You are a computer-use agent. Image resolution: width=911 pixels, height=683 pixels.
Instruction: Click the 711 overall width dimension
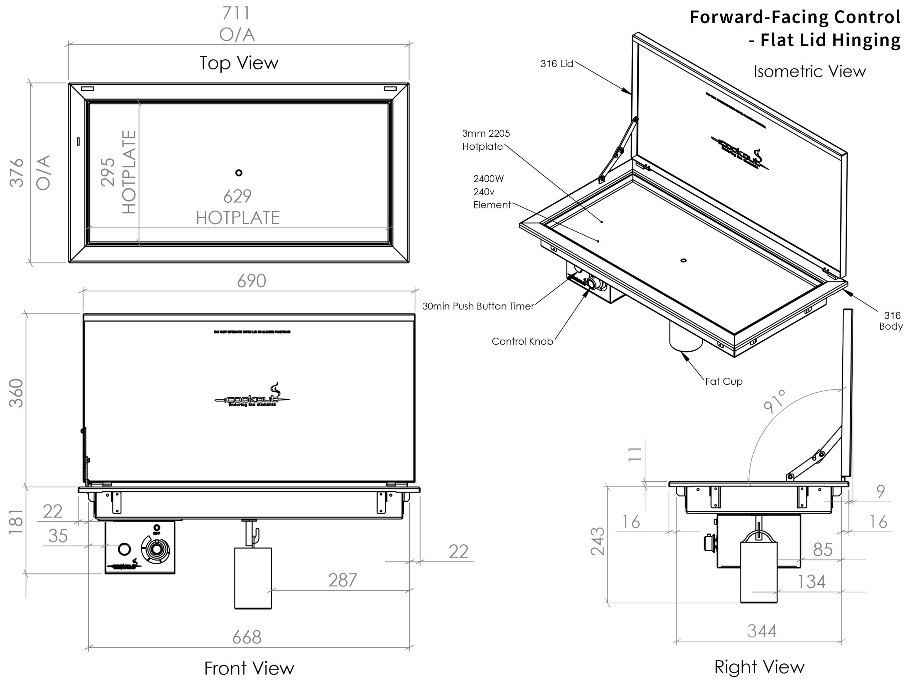(x=236, y=13)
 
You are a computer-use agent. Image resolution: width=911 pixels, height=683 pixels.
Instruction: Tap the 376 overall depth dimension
(x=17, y=173)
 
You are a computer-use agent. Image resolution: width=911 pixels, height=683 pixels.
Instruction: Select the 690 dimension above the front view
(x=251, y=281)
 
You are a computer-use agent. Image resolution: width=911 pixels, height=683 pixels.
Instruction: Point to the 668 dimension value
(x=247, y=638)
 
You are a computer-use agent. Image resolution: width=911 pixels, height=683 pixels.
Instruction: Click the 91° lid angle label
(x=775, y=401)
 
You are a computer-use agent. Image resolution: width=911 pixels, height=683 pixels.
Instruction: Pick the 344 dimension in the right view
(x=762, y=631)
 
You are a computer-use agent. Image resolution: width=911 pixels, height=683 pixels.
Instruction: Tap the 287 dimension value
(x=342, y=580)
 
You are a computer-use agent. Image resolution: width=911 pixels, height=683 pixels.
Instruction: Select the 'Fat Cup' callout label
(x=723, y=381)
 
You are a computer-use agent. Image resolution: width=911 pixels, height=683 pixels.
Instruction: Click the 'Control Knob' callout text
(x=522, y=341)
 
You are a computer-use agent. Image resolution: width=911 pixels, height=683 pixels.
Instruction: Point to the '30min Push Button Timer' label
(x=478, y=306)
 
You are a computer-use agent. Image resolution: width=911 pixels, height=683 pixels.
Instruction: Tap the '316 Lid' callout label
(x=557, y=64)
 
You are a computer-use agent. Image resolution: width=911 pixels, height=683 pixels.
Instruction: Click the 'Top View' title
(x=239, y=63)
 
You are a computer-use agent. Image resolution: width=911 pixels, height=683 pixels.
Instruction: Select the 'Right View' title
(x=759, y=667)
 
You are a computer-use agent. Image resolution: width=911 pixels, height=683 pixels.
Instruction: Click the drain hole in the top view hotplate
(x=239, y=173)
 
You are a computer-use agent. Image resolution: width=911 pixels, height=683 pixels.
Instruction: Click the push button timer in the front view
(x=124, y=549)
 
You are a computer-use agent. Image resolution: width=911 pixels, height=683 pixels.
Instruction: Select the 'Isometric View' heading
(x=809, y=72)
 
